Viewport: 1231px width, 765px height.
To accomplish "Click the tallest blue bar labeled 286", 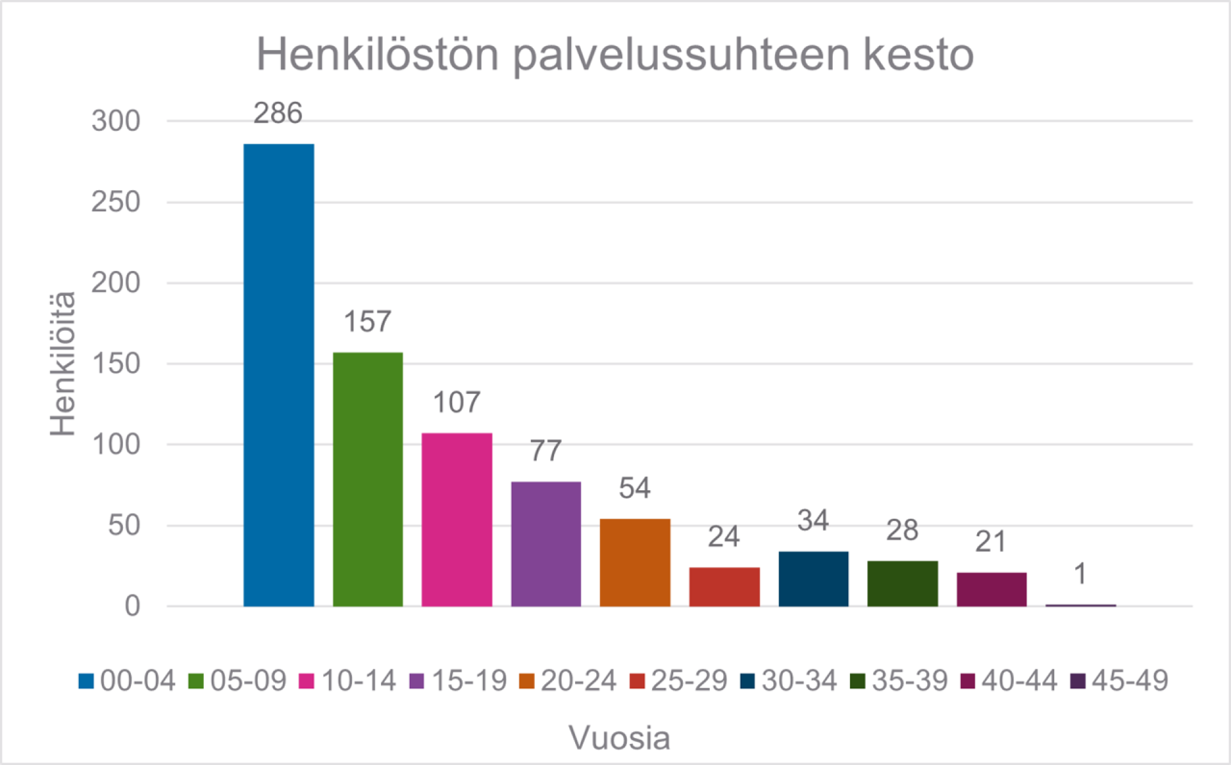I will [x=279, y=375].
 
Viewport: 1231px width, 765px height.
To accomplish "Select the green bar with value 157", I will [x=368, y=479].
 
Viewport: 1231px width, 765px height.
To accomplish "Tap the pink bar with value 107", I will [x=457, y=519].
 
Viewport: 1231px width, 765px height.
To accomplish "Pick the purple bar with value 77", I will [x=546, y=543].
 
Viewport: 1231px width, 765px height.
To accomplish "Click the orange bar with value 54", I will [x=635, y=562].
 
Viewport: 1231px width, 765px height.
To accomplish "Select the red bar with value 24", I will [x=724, y=586].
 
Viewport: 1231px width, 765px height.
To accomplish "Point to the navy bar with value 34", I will [x=814, y=579].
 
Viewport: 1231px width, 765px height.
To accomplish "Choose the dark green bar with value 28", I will [x=902, y=583].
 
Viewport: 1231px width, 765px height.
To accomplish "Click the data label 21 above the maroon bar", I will [x=992, y=541].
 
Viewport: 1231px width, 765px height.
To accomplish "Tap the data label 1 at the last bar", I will [x=1080, y=573].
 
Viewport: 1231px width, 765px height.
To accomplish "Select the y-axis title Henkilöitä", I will [x=63, y=364].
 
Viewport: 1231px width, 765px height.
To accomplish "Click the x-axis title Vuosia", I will [x=620, y=739].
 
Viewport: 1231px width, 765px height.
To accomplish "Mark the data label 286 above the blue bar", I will [x=279, y=113].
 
